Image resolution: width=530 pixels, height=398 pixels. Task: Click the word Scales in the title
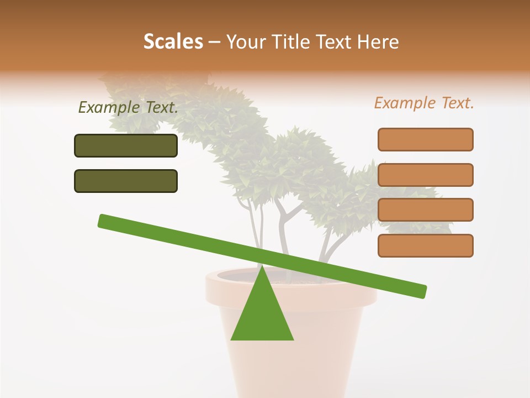173,41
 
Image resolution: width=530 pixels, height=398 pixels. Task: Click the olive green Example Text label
128,108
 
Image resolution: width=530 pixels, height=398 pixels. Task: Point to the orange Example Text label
424,103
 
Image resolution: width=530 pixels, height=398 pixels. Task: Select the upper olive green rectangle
126,145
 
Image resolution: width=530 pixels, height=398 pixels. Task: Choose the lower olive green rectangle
126,181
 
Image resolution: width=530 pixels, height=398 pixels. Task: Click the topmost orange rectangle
425,139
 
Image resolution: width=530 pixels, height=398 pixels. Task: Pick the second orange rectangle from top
425,175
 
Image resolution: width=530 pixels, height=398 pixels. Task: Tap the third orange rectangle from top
425,210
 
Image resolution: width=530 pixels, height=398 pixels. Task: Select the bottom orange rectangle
425,245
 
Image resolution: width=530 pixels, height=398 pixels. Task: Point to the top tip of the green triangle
262,268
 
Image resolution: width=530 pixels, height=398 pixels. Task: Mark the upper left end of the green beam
103,221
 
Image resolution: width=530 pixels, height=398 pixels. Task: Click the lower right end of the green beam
422,291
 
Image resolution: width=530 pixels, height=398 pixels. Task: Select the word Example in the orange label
403,103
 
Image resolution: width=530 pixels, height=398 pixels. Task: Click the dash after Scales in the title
215,42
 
